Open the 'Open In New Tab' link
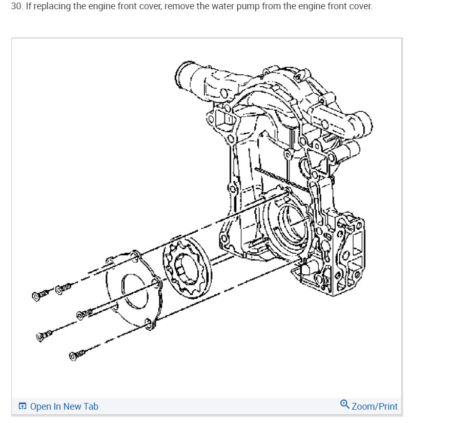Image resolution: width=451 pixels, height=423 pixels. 64,407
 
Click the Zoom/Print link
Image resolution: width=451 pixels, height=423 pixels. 374,407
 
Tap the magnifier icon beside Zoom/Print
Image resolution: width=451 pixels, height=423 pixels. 345,405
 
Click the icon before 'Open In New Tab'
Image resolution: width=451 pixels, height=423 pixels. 23,407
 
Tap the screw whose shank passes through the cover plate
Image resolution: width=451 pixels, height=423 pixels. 85,313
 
